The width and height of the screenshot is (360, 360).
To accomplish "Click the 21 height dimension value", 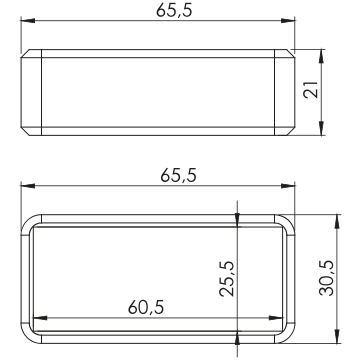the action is point(311,89).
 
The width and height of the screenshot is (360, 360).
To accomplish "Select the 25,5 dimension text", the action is point(227,279).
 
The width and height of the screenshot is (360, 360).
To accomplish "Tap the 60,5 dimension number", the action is point(146,307).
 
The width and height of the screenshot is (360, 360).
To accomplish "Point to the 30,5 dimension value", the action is point(326,278).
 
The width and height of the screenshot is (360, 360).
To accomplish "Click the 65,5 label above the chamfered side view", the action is point(174,11).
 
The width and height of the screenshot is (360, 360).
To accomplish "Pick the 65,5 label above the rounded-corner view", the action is point(178,175).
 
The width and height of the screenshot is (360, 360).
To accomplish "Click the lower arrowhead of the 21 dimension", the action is point(321,128).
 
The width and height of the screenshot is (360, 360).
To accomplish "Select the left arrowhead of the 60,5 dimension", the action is point(41,318).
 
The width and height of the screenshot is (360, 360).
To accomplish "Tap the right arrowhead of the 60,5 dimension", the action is point(276,318).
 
